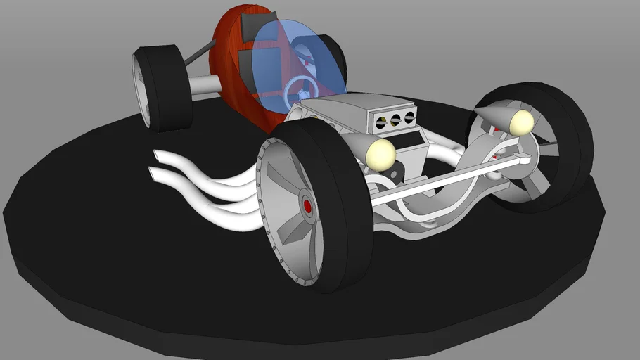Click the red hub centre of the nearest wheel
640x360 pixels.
tap(307, 206)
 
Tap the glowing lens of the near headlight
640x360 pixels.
tap(381, 153)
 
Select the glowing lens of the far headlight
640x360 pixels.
tap(522, 122)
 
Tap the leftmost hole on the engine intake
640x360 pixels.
tap(381, 122)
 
